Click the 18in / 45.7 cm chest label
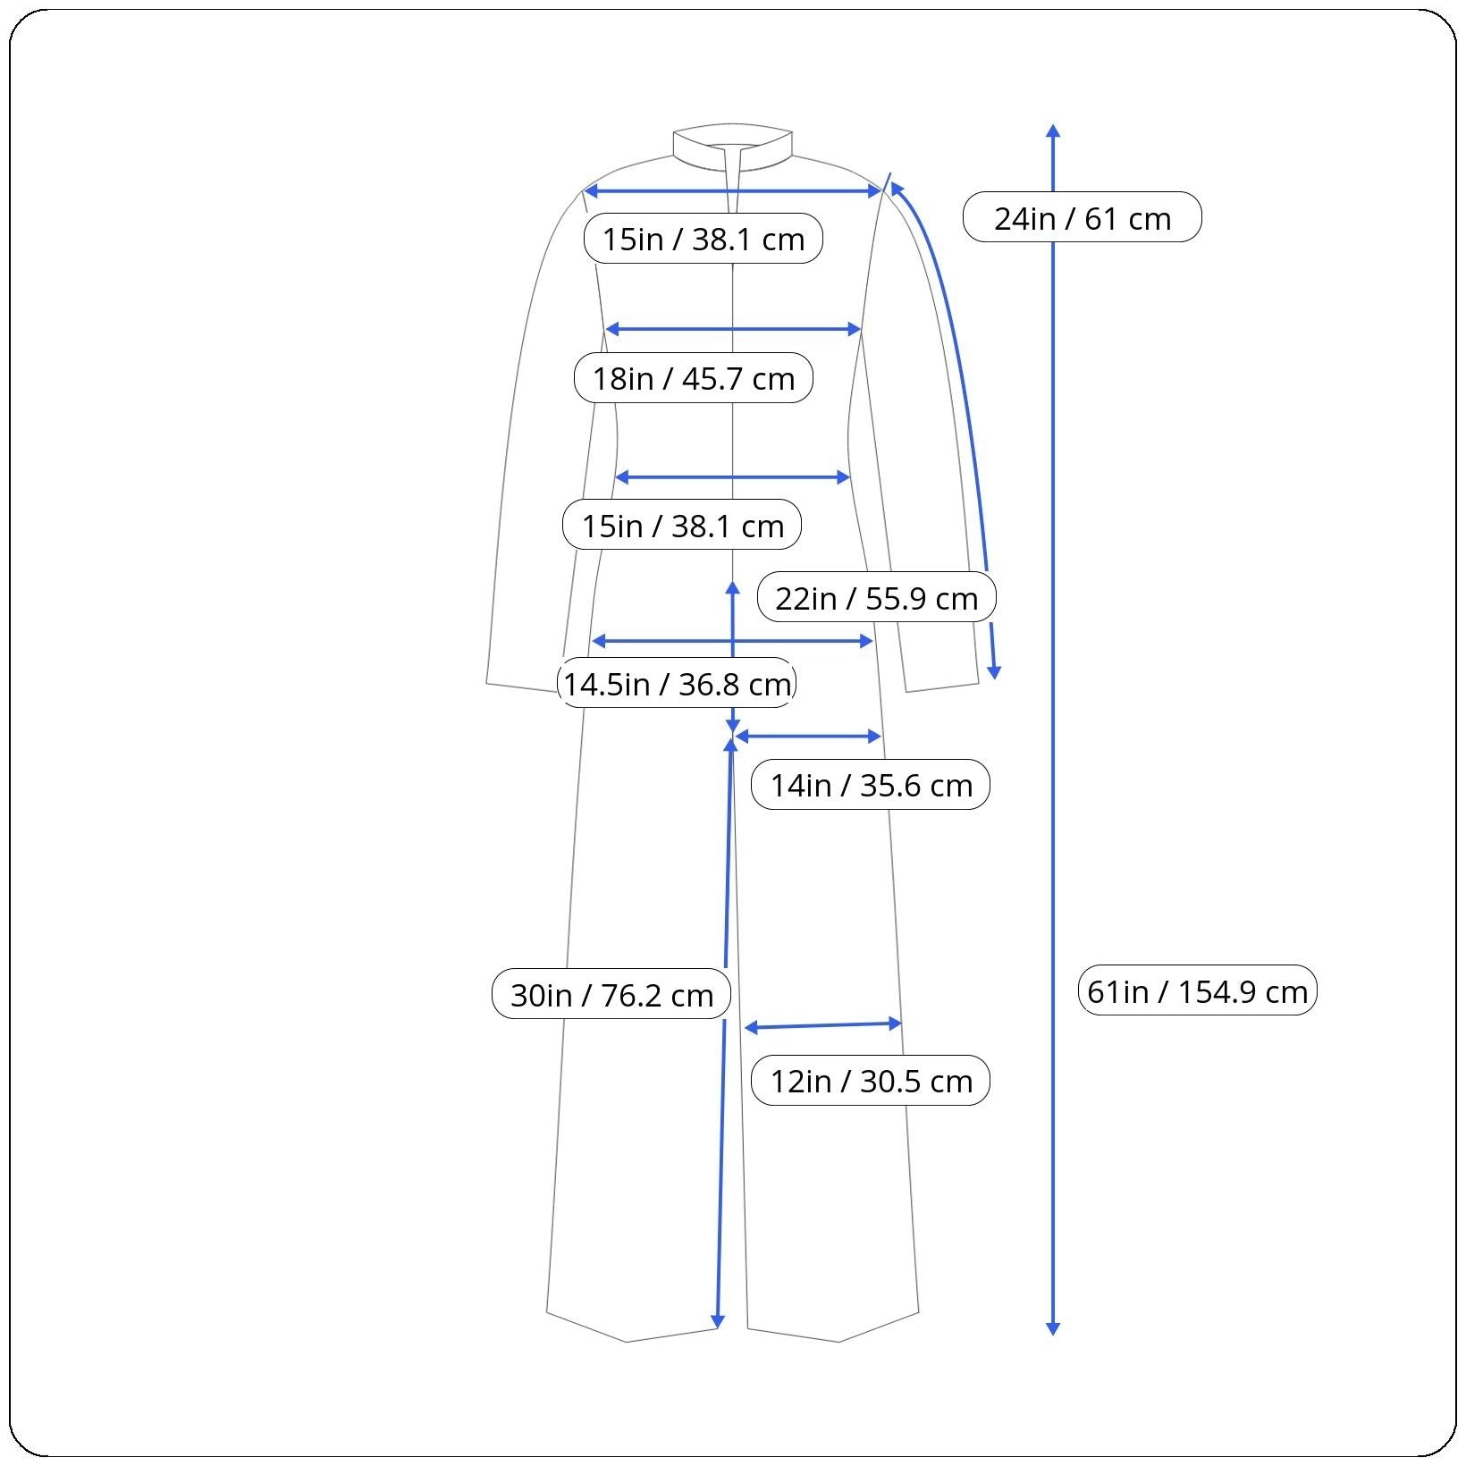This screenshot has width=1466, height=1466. point(694,378)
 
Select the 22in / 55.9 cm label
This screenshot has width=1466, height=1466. point(877,597)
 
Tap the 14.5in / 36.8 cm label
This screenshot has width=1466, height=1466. point(677,684)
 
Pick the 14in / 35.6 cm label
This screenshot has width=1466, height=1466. point(871,785)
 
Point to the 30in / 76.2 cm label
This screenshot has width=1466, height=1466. point(611,994)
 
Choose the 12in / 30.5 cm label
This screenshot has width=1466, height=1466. point(871,1081)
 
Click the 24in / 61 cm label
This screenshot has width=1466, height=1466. point(1083,217)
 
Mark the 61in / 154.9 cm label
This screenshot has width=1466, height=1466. point(1198,990)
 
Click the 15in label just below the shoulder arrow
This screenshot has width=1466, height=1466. point(704,239)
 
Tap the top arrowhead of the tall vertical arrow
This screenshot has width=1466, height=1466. point(1053,131)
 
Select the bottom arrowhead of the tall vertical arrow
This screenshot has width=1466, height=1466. point(1053,1328)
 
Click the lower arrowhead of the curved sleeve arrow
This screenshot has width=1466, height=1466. point(994,672)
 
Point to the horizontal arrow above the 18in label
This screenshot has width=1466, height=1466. point(733,329)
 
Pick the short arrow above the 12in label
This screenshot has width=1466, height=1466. point(822,1025)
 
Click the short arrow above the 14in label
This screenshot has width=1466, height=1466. point(808,737)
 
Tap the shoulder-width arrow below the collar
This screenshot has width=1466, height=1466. point(733,191)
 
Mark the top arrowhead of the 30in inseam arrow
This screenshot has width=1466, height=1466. point(730,744)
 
